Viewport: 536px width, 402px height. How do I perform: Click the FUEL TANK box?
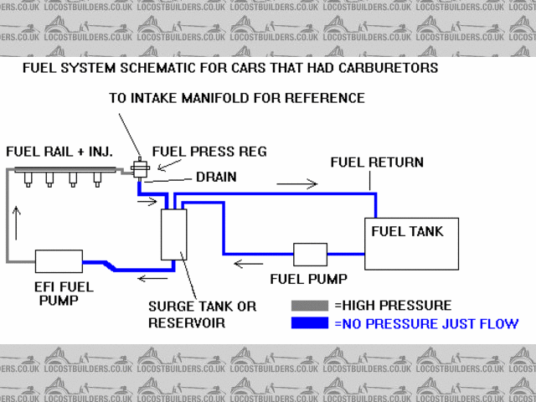[410, 244]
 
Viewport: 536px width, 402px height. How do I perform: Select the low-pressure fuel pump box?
[310, 255]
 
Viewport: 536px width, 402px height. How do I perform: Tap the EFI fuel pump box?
[58, 263]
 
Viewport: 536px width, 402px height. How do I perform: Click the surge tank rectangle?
[173, 234]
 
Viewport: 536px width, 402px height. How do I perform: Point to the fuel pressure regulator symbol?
[139, 169]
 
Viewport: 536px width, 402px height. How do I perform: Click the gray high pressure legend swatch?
[311, 306]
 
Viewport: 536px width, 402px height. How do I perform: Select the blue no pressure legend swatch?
[311, 323]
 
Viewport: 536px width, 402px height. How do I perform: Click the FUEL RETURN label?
[377, 162]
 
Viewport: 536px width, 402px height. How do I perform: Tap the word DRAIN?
[216, 177]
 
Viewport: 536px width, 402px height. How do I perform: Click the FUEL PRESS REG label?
[209, 152]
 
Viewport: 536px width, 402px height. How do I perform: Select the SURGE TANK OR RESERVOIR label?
[202, 314]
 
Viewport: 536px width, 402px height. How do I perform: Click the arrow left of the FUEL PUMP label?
[248, 265]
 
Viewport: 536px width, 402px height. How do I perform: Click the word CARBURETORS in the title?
[392, 67]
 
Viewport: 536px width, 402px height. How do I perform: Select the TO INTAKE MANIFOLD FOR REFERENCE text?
[237, 98]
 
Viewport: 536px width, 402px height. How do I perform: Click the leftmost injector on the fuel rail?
[28, 180]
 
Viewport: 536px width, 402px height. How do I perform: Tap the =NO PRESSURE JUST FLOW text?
[426, 323]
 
